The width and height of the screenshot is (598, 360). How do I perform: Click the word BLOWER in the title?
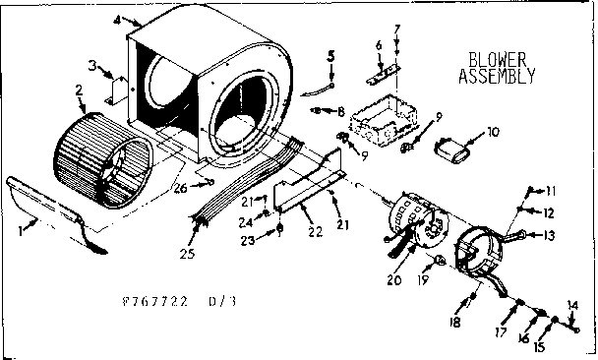[498, 58]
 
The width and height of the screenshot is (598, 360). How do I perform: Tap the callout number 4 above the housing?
[117, 19]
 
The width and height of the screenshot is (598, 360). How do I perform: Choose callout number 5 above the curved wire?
[332, 57]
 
